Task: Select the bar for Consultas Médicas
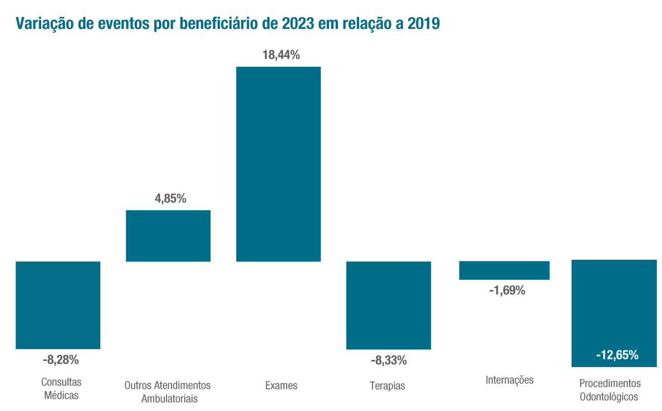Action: click(x=58, y=305)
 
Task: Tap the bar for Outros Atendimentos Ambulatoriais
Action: click(x=168, y=236)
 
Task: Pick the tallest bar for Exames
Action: click(x=278, y=164)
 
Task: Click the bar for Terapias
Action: click(x=389, y=305)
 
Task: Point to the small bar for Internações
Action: click(x=504, y=270)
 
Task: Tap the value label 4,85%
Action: click(x=170, y=199)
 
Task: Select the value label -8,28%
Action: click(x=61, y=360)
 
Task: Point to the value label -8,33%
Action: click(x=389, y=360)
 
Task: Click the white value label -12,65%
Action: click(x=617, y=355)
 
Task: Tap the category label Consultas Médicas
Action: click(x=61, y=389)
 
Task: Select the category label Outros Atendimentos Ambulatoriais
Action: click(x=168, y=392)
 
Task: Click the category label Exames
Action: click(x=281, y=385)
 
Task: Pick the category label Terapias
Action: click(x=388, y=386)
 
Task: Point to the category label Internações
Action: click(x=509, y=380)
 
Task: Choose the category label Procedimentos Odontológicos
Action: click(x=610, y=390)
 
